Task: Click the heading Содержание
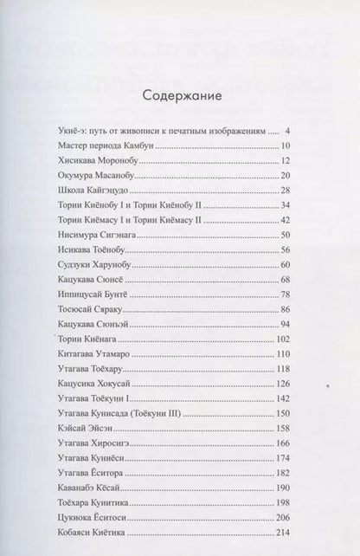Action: coord(181,94)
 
